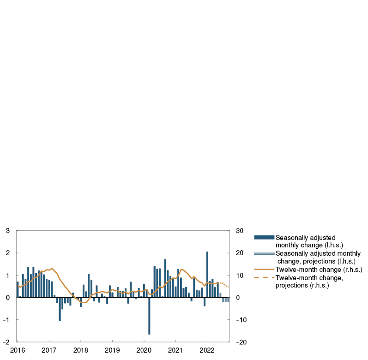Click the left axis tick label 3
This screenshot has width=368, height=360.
(8, 231)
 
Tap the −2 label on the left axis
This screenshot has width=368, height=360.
(6, 342)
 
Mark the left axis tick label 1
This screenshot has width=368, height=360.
(8, 276)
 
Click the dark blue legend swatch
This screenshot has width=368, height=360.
(264, 237)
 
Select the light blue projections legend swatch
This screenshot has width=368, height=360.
(264, 253)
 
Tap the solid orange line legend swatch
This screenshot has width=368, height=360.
(264, 270)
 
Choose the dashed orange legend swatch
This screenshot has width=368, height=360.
(264, 278)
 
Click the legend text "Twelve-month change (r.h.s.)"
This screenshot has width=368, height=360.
(319, 270)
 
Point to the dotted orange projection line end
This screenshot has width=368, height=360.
(228, 288)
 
